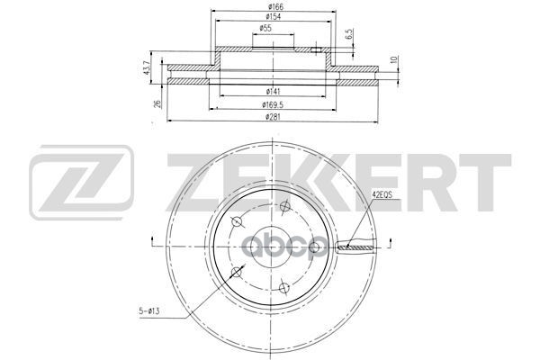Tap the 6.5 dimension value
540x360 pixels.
(349, 38)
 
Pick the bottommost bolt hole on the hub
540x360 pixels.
(283, 288)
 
